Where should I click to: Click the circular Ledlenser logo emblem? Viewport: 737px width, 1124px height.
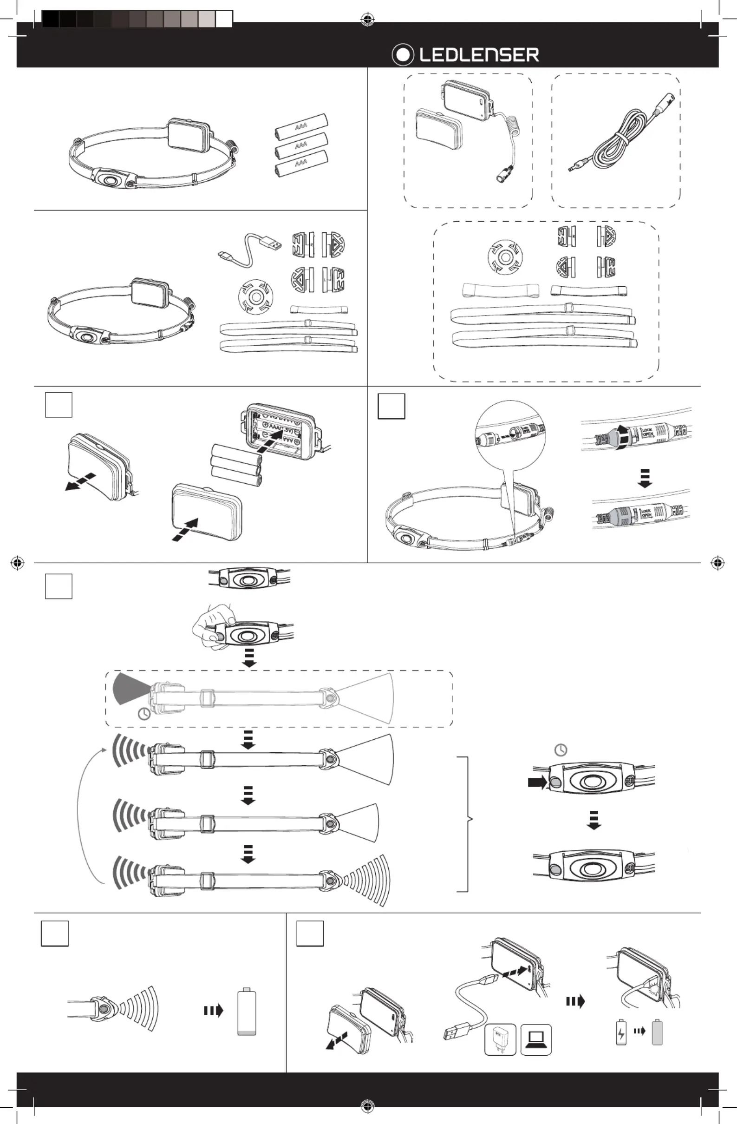403,55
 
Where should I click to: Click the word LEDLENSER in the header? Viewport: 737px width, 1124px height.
479,55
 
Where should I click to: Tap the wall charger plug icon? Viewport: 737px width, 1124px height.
500,1039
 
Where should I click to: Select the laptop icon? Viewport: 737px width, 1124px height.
536,1039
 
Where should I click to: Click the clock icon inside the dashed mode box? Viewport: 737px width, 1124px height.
144,714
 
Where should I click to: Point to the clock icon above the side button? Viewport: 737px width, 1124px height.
561,750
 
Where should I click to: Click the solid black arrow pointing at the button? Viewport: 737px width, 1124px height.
537,782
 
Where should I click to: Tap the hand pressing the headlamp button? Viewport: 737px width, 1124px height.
212,626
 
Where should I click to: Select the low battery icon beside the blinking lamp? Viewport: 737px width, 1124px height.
247,1011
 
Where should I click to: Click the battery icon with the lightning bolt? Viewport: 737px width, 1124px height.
621,1033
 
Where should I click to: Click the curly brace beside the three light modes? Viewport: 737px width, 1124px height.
465,824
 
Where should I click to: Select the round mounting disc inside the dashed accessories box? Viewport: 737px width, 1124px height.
505,257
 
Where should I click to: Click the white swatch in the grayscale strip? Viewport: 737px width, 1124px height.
224,19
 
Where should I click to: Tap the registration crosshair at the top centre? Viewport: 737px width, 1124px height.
367,20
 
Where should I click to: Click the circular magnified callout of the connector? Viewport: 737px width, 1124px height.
511,435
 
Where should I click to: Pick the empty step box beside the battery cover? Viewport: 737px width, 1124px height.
59,405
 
